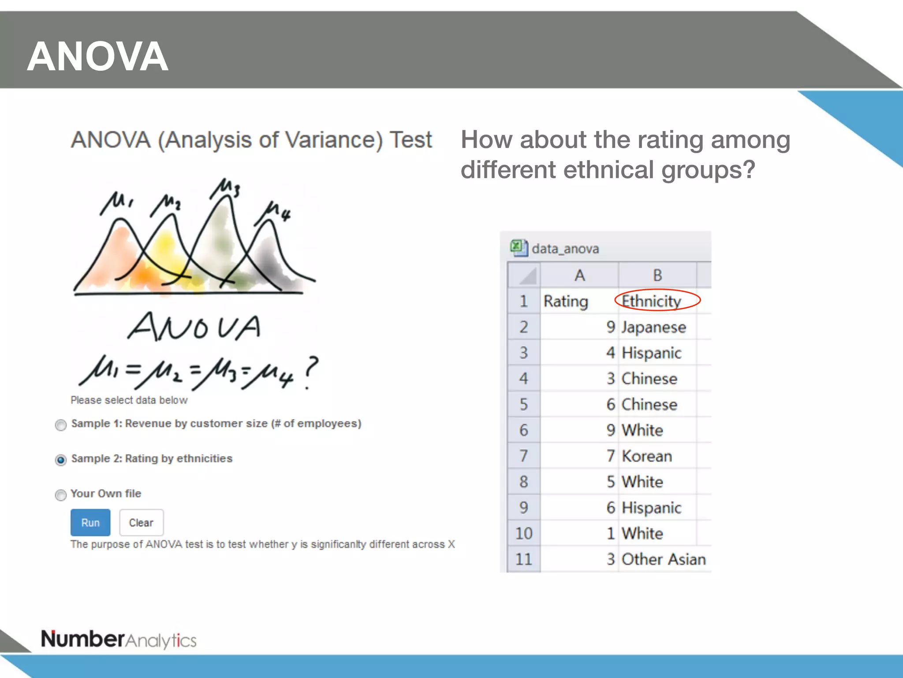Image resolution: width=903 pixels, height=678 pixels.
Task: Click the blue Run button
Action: pos(90,523)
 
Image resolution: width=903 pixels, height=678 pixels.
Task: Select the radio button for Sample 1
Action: pos(61,425)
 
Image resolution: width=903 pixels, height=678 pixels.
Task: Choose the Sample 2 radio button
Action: pos(61,460)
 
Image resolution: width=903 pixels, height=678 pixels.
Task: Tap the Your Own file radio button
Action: pos(61,495)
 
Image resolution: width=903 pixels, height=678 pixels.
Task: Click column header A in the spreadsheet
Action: pos(579,275)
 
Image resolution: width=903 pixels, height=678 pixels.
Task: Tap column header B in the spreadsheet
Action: pos(657,275)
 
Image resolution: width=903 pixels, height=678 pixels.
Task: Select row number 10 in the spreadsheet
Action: pos(524,533)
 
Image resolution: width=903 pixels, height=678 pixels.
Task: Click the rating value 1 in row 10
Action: pos(610,534)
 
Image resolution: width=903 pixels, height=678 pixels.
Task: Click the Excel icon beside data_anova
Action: pos(519,248)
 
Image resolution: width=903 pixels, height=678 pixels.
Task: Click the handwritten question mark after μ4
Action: pos(310,372)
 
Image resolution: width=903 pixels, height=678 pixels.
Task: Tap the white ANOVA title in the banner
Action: pos(97,56)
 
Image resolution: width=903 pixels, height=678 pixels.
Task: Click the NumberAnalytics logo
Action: pos(119,640)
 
